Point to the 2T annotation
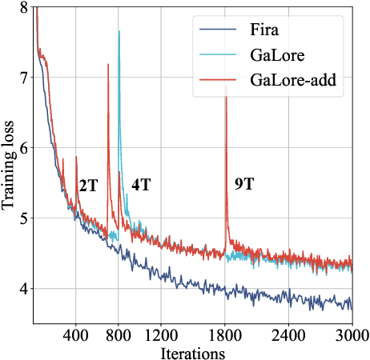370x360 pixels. [x=88, y=186]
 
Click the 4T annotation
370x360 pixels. [x=141, y=185]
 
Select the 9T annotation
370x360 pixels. [x=245, y=184]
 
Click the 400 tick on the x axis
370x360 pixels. [x=75, y=334]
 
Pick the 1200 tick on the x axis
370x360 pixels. [x=161, y=334]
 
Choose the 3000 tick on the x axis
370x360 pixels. [x=352, y=334]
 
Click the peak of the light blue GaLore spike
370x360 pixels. [x=119, y=31]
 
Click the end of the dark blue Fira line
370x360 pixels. [x=352, y=309]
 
